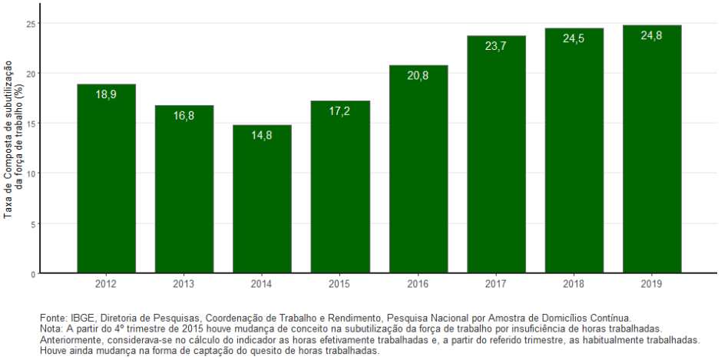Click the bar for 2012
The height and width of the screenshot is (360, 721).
[106, 180]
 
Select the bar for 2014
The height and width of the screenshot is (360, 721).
[262, 200]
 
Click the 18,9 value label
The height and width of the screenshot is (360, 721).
[106, 94]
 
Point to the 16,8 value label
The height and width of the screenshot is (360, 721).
[184, 116]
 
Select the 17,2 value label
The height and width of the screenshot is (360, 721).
[340, 111]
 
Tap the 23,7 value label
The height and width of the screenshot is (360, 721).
[496, 46]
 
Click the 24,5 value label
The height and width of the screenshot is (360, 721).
[574, 38]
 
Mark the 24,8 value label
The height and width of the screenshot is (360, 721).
[652, 35]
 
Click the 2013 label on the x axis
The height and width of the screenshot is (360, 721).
[184, 284]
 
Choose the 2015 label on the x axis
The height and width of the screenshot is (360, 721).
[340, 284]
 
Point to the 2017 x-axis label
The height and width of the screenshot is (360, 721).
[496, 284]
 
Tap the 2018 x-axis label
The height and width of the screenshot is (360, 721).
[574, 284]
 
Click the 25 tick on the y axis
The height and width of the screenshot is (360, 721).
[31, 23]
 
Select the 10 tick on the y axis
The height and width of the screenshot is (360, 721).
[31, 173]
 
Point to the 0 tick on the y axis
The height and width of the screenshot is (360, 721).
[32, 274]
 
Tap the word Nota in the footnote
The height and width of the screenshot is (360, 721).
[51, 329]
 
